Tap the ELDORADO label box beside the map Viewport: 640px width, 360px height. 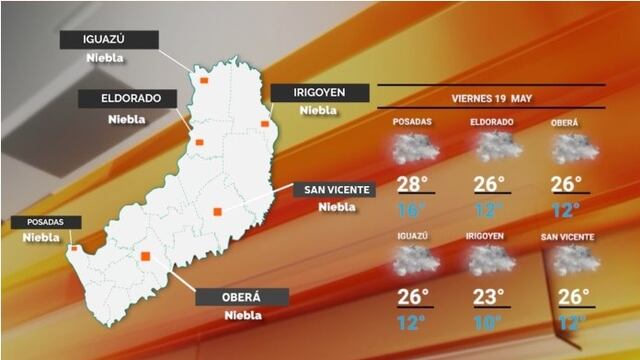point(128,99)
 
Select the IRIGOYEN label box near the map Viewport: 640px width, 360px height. point(319,92)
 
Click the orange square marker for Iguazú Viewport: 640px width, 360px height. point(204,79)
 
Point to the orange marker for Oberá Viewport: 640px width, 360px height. point(146,257)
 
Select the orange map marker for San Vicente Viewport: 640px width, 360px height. point(217,211)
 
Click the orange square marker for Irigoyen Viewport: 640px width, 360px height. point(265,123)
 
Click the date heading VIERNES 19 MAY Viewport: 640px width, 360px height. point(491,98)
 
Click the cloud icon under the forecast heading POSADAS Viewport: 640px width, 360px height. point(411,149)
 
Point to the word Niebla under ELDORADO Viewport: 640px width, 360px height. point(127,119)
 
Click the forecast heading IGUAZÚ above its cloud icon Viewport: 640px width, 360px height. point(411,236)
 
